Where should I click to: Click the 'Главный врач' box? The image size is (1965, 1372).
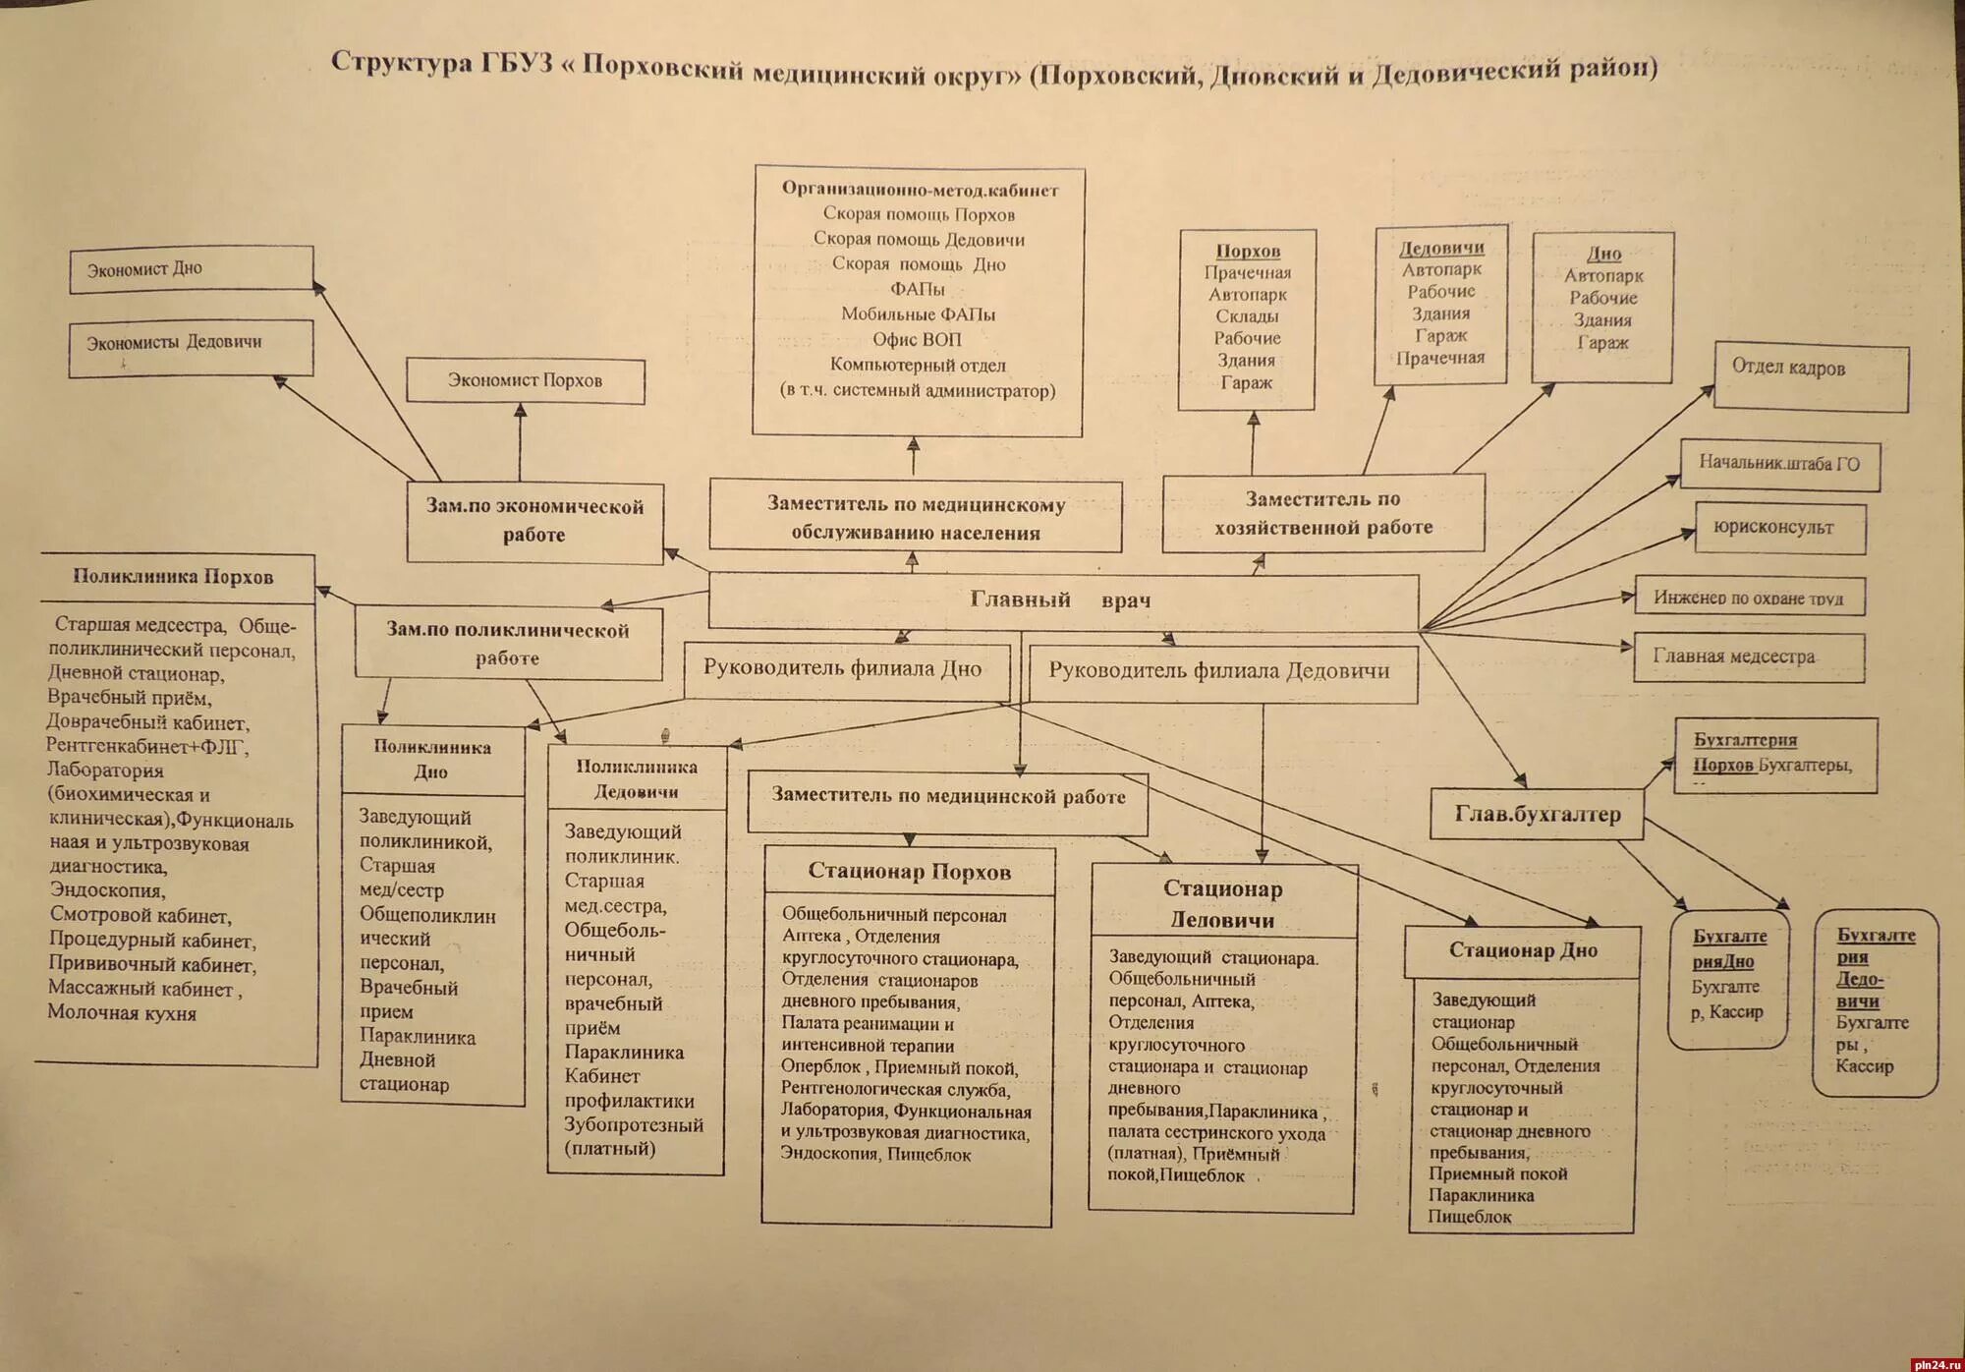click(x=1062, y=600)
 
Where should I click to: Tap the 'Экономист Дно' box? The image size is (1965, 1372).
click(x=192, y=268)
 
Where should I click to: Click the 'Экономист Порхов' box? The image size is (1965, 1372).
click(x=526, y=380)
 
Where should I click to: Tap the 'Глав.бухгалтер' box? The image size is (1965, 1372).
click(x=1536, y=814)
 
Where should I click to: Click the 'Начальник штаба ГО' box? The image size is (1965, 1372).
click(x=1779, y=464)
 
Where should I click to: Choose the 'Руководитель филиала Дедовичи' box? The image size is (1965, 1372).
click(x=1219, y=672)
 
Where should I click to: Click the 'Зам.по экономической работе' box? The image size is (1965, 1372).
click(x=534, y=521)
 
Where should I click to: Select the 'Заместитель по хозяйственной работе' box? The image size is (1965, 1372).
click(x=1323, y=514)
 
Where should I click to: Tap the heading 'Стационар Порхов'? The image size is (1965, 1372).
click(x=909, y=872)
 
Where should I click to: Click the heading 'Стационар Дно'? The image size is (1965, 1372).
click(x=1523, y=950)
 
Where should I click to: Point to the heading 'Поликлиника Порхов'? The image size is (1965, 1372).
click(x=174, y=577)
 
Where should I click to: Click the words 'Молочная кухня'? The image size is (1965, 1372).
click(x=122, y=1013)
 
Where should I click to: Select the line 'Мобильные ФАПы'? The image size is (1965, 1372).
click(x=918, y=314)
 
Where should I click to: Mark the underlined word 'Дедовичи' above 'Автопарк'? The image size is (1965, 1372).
click(x=1441, y=248)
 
